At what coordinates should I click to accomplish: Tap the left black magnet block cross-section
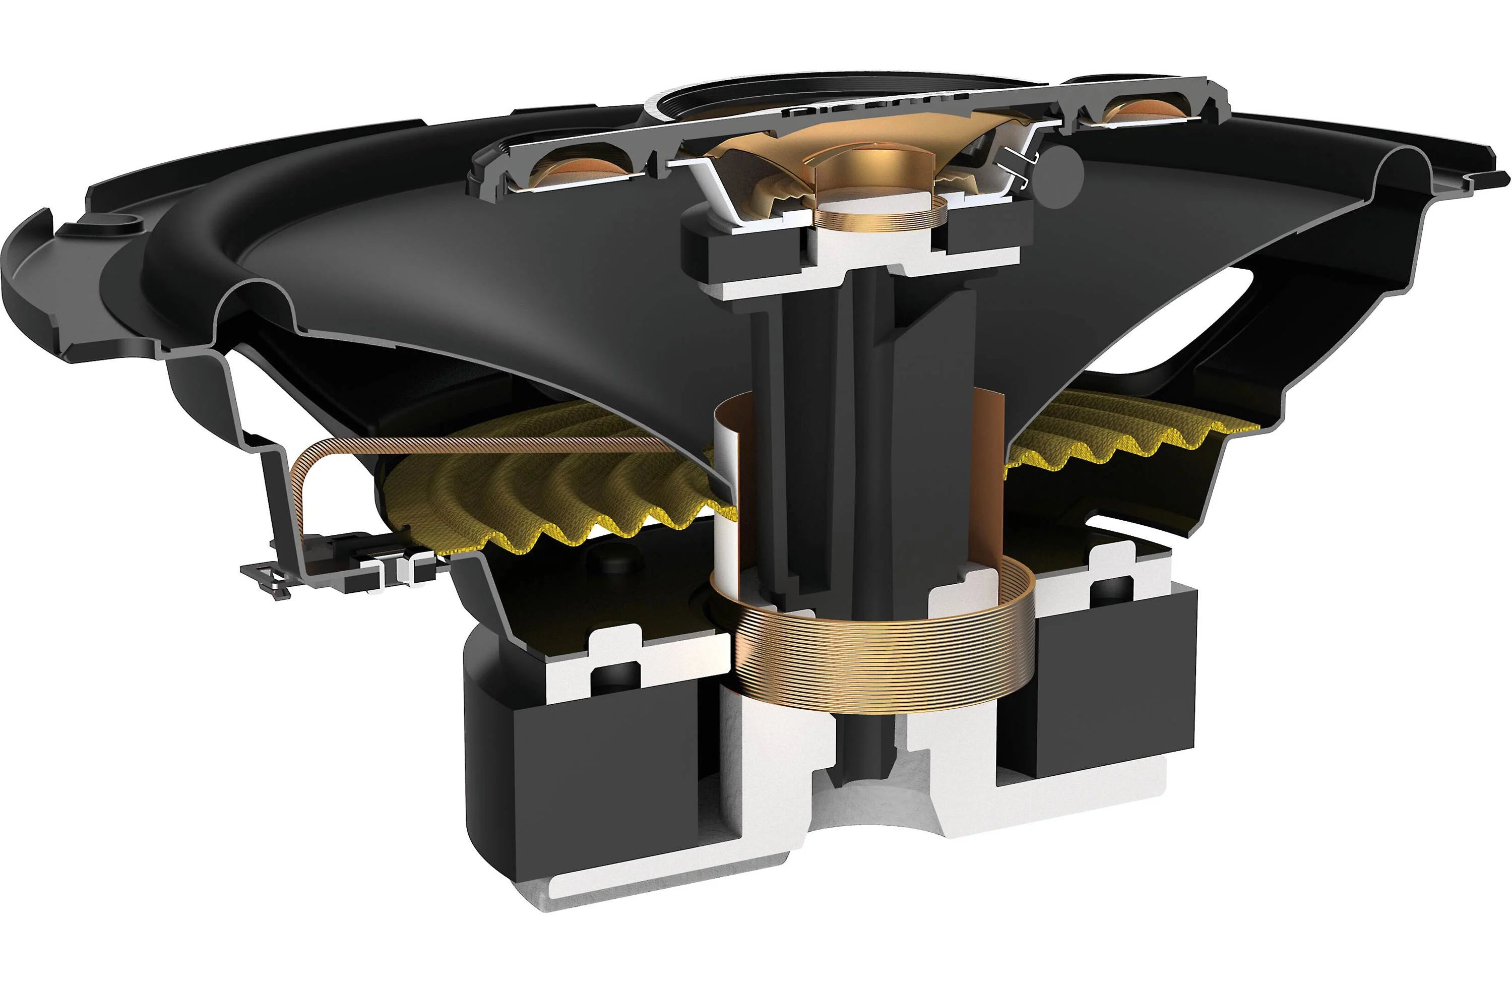click(591, 781)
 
